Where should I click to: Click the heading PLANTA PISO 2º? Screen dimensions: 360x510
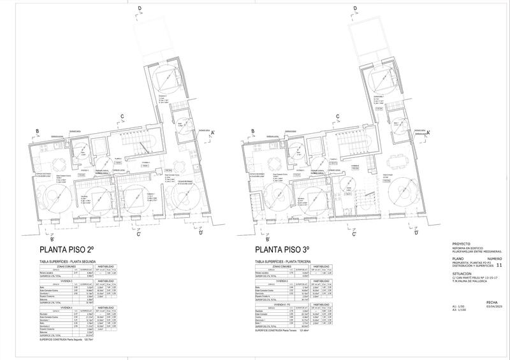click(x=67, y=250)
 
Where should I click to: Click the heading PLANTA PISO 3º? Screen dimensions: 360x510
click(x=282, y=250)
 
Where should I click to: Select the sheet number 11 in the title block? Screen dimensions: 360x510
click(x=499, y=264)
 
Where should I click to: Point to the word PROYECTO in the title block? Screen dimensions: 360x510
click(x=460, y=243)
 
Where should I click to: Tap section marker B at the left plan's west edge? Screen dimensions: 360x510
click(x=38, y=131)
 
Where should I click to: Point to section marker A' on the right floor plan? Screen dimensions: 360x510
click(x=428, y=132)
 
